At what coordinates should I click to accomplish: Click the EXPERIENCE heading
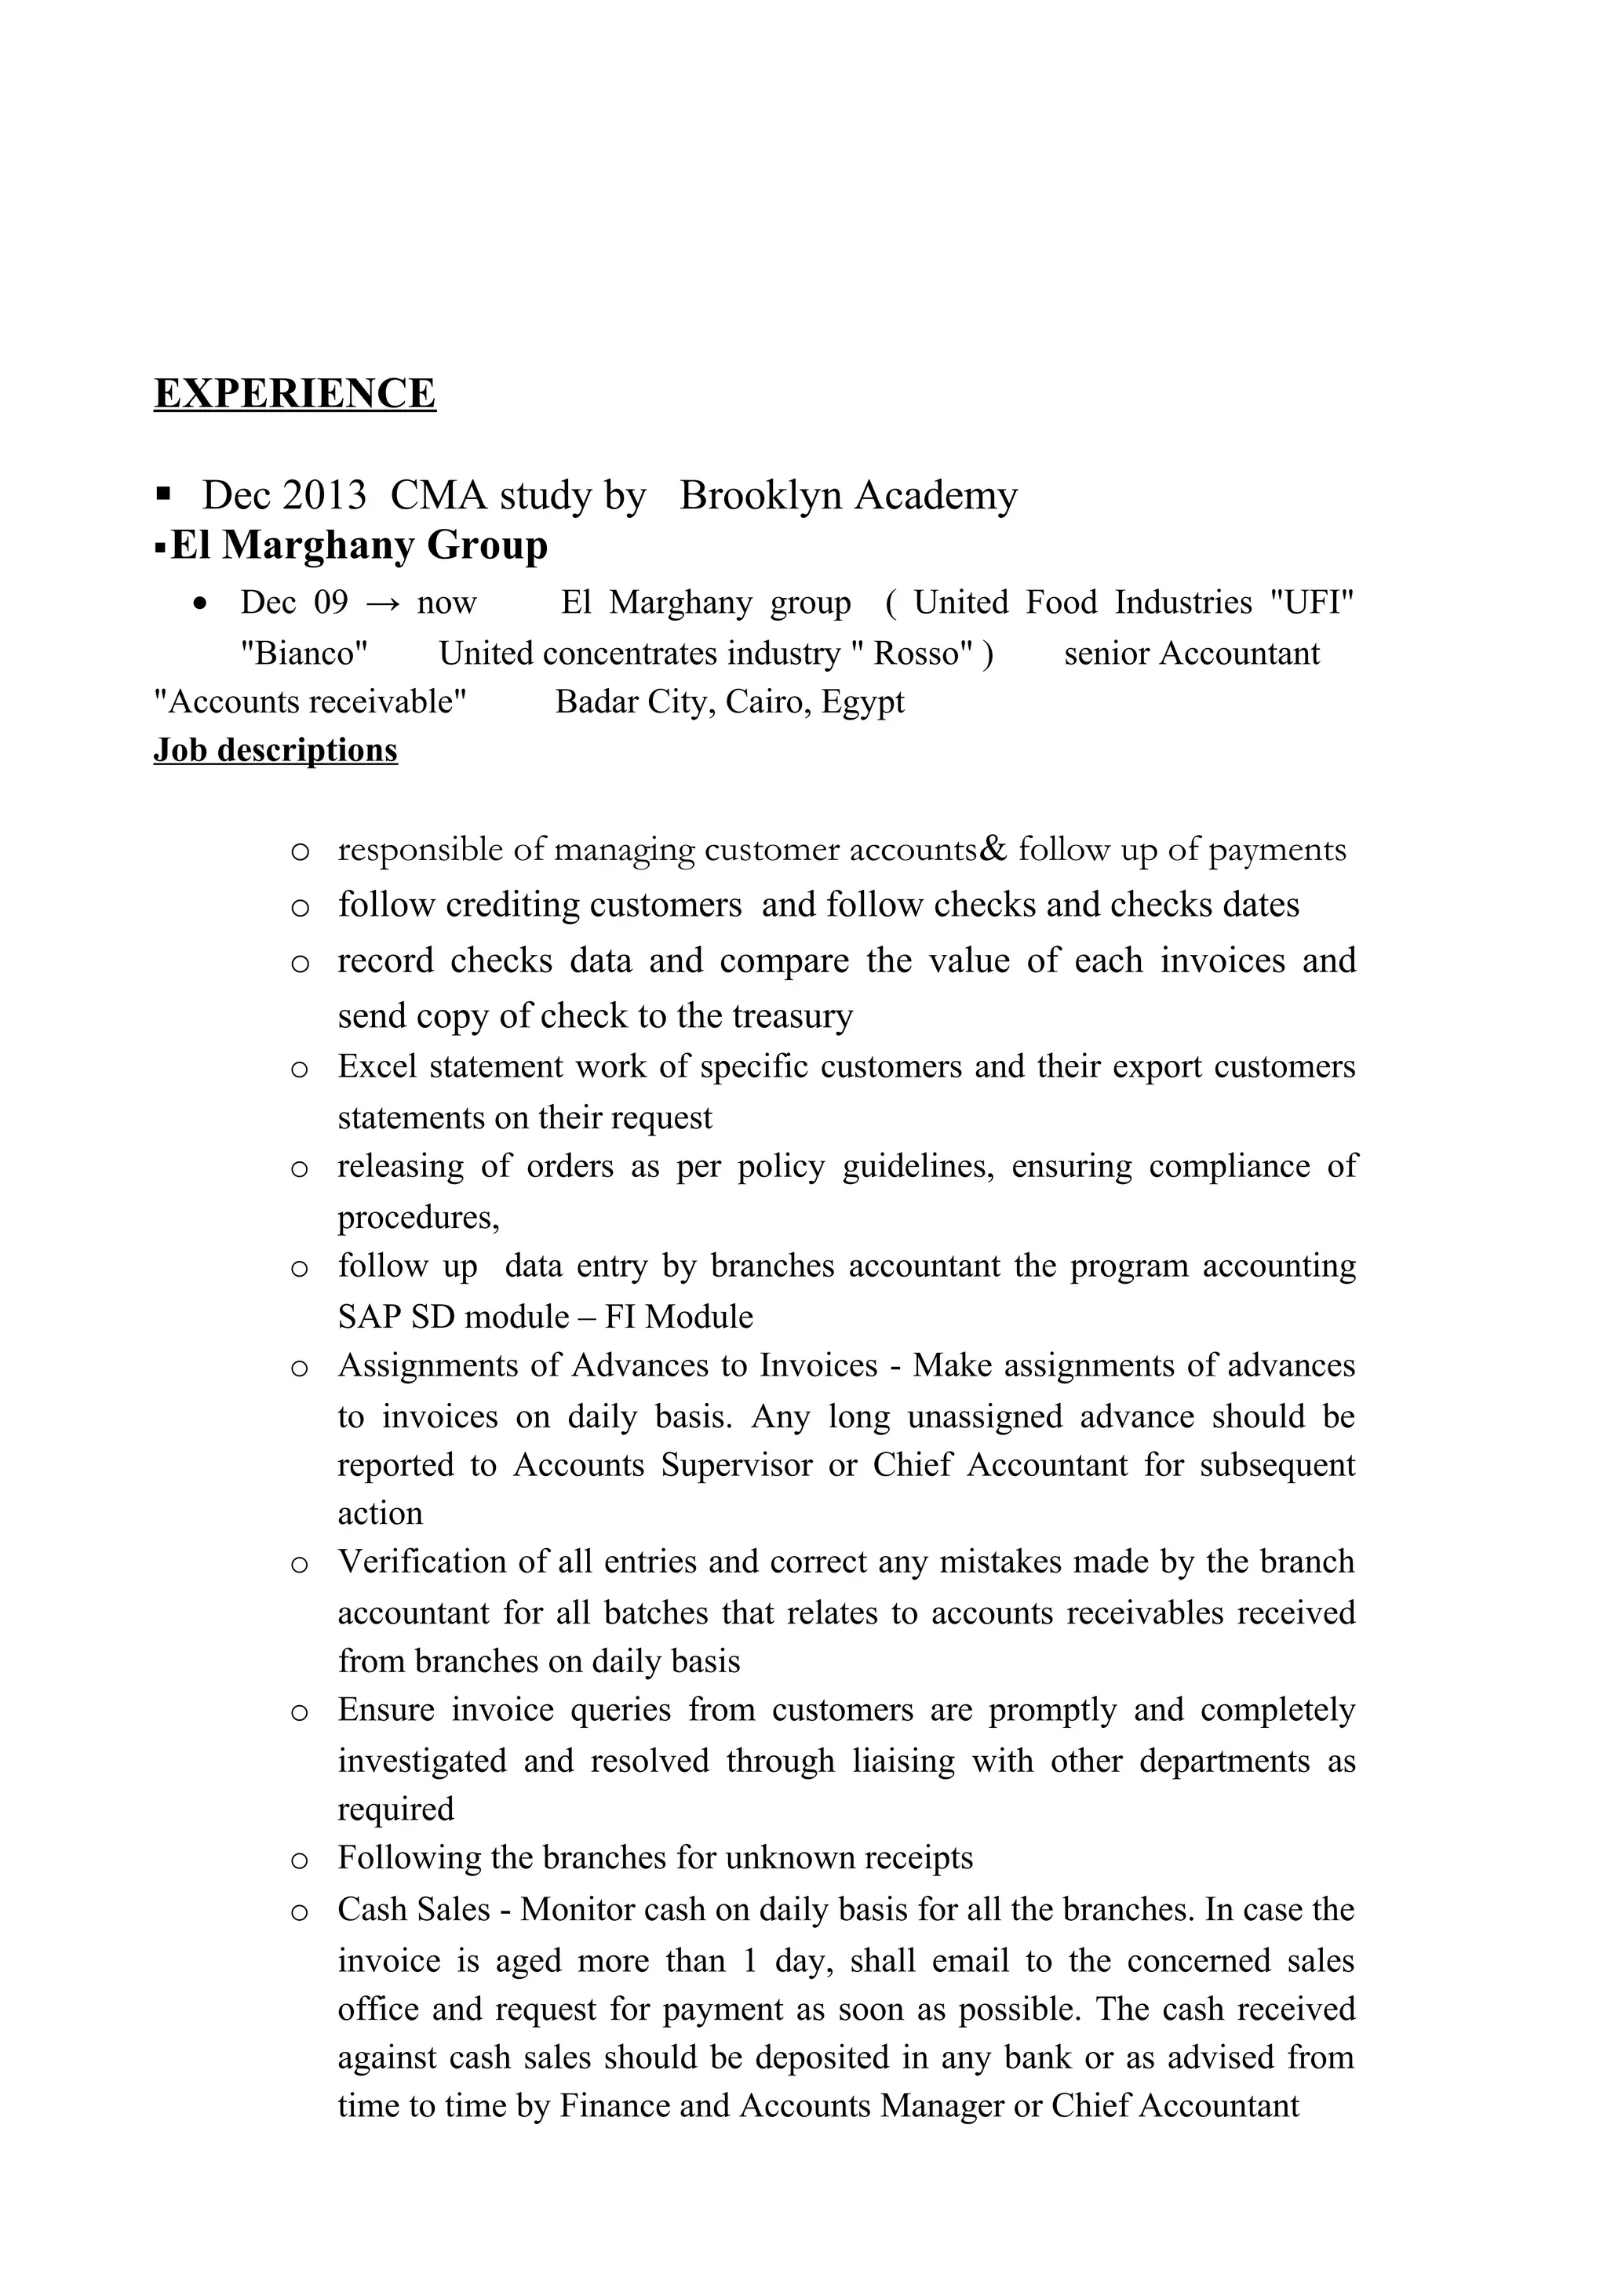click(294, 393)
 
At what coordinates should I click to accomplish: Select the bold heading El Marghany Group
click(359, 545)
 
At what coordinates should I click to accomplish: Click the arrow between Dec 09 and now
click(382, 603)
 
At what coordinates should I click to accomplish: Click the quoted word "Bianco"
click(304, 654)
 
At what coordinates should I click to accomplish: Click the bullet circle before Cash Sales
click(300, 1911)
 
